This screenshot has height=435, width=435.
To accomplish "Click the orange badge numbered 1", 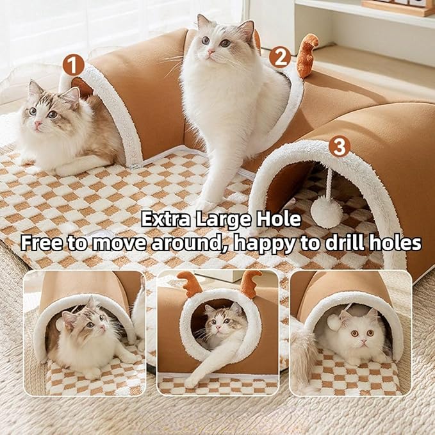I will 73,64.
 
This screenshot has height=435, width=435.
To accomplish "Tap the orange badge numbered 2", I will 279,57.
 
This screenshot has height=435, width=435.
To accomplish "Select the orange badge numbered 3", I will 339,147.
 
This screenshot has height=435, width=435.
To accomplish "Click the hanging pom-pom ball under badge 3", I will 327,212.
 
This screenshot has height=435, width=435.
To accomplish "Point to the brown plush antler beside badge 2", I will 307,54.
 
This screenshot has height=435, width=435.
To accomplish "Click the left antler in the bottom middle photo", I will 190,282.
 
